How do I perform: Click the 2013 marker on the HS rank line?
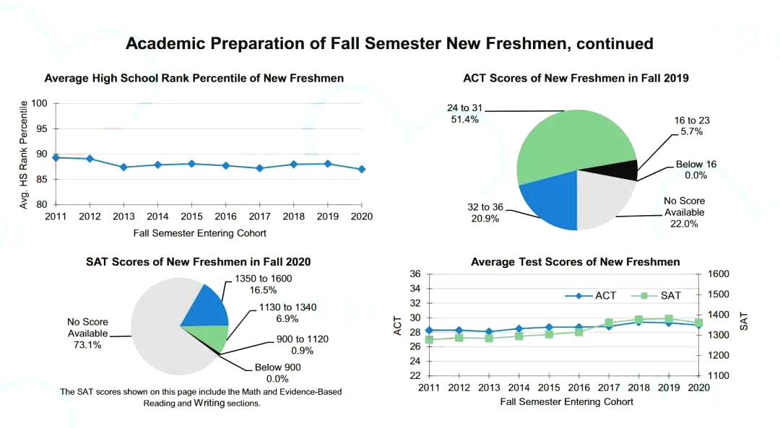[x=123, y=167]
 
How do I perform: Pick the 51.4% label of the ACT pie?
[x=464, y=119]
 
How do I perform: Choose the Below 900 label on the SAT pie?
[x=277, y=367]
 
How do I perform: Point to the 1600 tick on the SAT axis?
[x=719, y=274]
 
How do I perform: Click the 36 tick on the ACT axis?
[x=415, y=274]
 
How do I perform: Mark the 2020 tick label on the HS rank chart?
[x=361, y=217]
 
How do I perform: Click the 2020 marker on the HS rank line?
[x=361, y=169]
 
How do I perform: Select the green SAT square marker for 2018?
[x=638, y=319]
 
